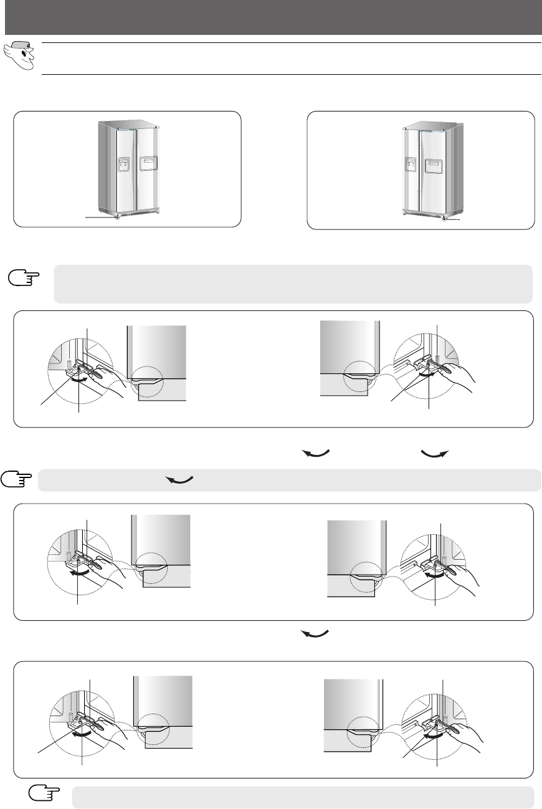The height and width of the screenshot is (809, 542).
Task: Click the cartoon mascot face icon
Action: coord(19,57)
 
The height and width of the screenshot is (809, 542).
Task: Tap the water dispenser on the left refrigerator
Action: coord(123,164)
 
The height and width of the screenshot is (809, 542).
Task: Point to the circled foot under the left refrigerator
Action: coord(117,218)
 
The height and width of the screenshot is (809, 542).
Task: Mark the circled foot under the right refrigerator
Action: coord(444,219)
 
